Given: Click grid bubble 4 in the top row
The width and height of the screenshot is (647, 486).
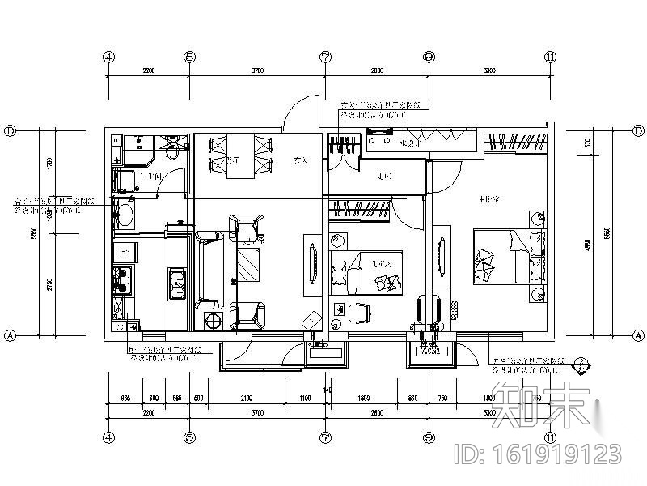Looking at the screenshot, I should (108, 58).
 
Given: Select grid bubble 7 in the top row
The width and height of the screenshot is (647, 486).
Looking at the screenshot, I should (325, 58).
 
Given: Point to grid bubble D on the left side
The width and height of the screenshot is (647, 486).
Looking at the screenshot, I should (10, 130).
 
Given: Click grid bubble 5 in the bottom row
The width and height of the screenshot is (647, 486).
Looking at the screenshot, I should (188, 437).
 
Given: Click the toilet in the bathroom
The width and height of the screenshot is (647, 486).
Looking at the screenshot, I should (171, 151).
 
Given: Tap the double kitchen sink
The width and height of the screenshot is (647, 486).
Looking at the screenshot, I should (178, 282).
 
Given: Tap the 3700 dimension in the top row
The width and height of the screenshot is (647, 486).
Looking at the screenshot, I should (257, 70).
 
